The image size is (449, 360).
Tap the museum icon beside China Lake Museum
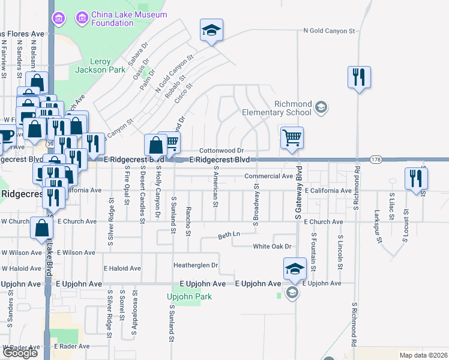pos(59,19)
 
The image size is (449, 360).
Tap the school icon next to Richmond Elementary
pos(321,107)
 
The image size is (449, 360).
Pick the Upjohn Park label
pos(189,296)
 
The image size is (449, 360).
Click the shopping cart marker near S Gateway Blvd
pos(292,139)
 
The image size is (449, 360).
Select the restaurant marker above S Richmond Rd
pos(359,77)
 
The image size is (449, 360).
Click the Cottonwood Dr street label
pos(221,151)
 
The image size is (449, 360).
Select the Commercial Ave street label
pos(268,176)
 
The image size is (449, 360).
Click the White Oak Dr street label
pos(271,247)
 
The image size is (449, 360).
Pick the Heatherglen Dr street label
pos(195,265)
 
